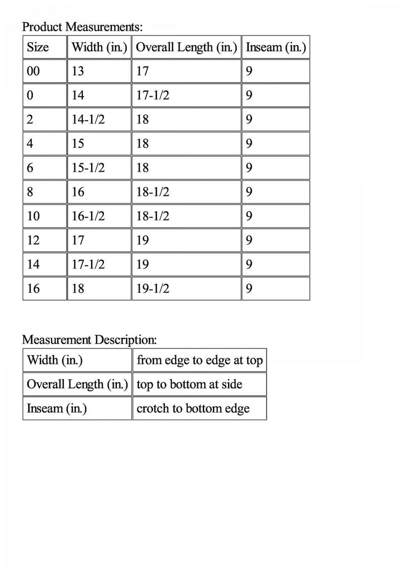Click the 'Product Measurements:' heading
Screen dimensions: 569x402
click(82, 26)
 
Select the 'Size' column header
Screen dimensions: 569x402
click(38, 48)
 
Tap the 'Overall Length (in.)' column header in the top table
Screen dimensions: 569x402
click(187, 48)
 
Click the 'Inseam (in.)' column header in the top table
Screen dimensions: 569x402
click(276, 48)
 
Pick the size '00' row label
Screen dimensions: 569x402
click(34, 72)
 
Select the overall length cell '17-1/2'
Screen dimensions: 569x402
click(153, 96)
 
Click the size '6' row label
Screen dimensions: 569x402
click(31, 167)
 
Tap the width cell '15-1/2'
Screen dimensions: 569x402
click(88, 167)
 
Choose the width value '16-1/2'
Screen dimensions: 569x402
click(88, 216)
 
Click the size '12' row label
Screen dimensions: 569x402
click(33, 239)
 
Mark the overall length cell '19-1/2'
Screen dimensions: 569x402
click(153, 288)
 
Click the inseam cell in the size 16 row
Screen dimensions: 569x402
click(249, 288)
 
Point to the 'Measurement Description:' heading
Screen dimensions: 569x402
click(90, 339)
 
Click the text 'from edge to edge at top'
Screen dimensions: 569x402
click(199, 361)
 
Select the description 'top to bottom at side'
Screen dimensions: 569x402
click(190, 385)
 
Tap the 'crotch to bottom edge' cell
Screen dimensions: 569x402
click(193, 409)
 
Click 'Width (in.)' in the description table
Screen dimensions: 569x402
click(55, 361)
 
